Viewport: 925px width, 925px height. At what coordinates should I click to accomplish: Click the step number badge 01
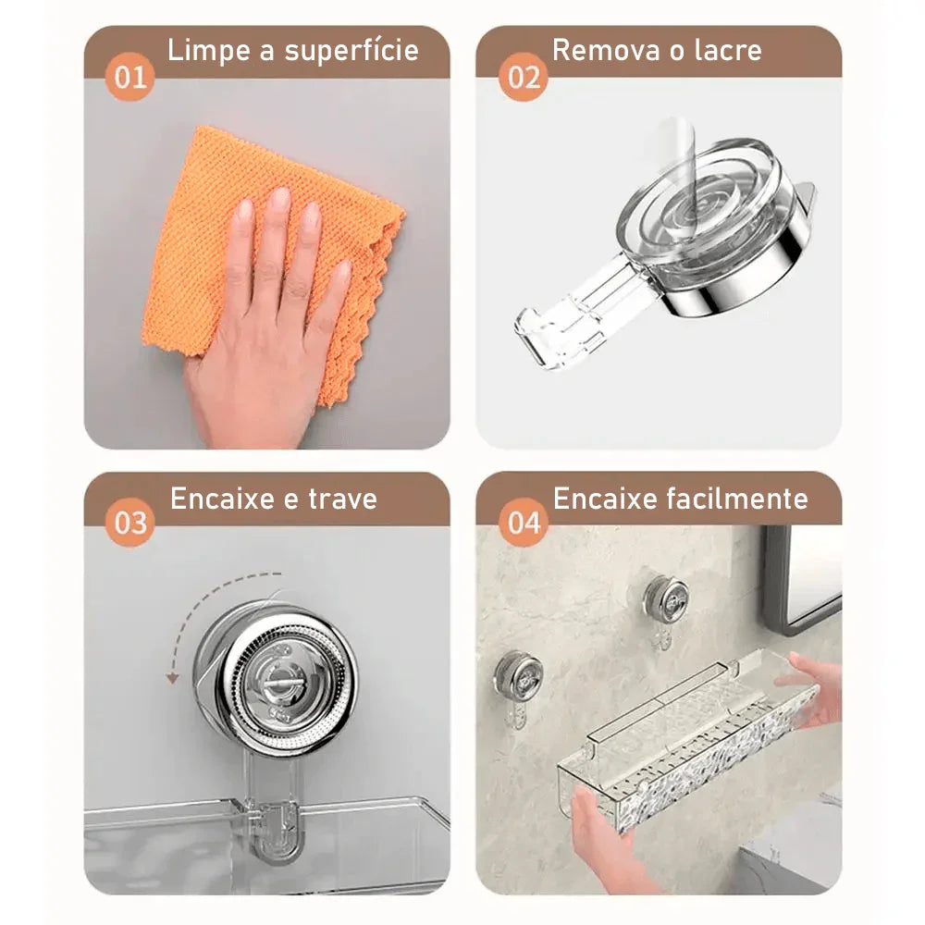[129, 76]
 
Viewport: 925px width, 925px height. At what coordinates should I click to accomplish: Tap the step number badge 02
[524, 76]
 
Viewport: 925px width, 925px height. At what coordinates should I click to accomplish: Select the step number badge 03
[129, 523]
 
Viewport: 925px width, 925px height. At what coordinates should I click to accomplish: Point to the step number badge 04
[524, 523]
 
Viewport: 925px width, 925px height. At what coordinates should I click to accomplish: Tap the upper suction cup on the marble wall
[666, 599]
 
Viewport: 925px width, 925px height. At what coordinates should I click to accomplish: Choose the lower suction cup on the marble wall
[514, 675]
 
